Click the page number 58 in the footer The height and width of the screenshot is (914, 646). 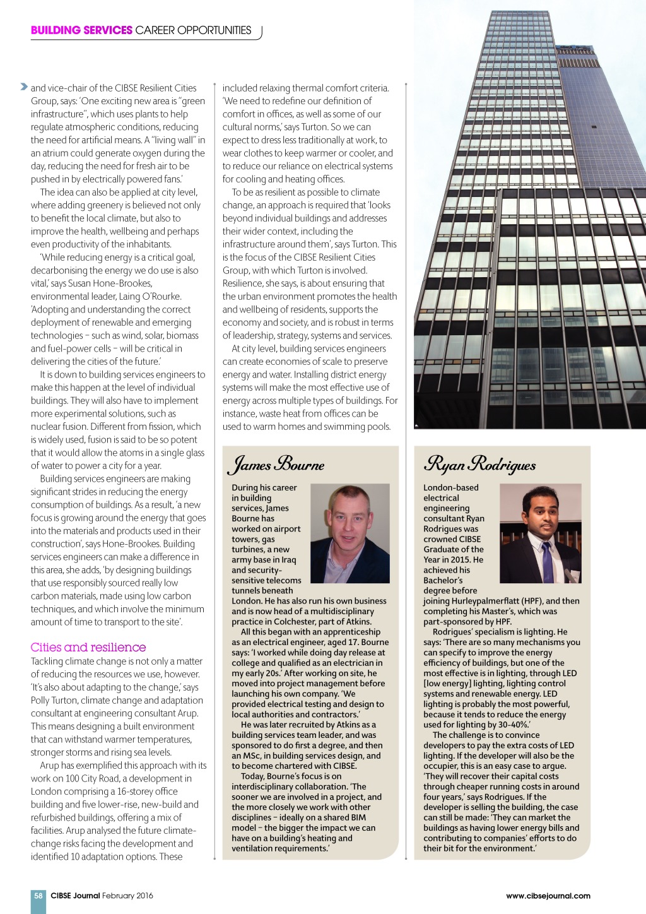38,895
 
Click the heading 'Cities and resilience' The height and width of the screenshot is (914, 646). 88,647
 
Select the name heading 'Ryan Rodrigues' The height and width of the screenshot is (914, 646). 480,465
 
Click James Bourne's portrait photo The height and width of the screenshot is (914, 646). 350,533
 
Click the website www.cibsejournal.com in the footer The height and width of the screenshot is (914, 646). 548,895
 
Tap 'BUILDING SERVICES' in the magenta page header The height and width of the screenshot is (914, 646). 81,30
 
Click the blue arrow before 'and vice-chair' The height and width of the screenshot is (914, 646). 24,86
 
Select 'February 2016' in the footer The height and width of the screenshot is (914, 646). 127,895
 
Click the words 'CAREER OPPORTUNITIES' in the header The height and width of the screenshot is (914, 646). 193,30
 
